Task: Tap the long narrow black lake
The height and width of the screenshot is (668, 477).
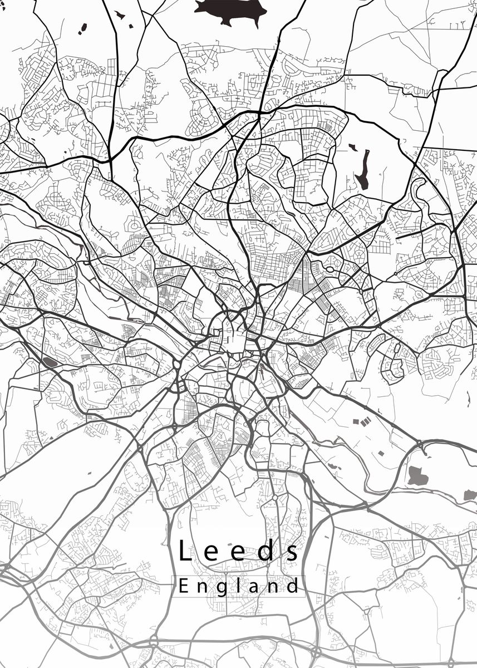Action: click(363, 169)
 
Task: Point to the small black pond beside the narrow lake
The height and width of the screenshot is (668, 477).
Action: click(352, 147)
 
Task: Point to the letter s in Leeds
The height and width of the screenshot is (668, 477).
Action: click(292, 553)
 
